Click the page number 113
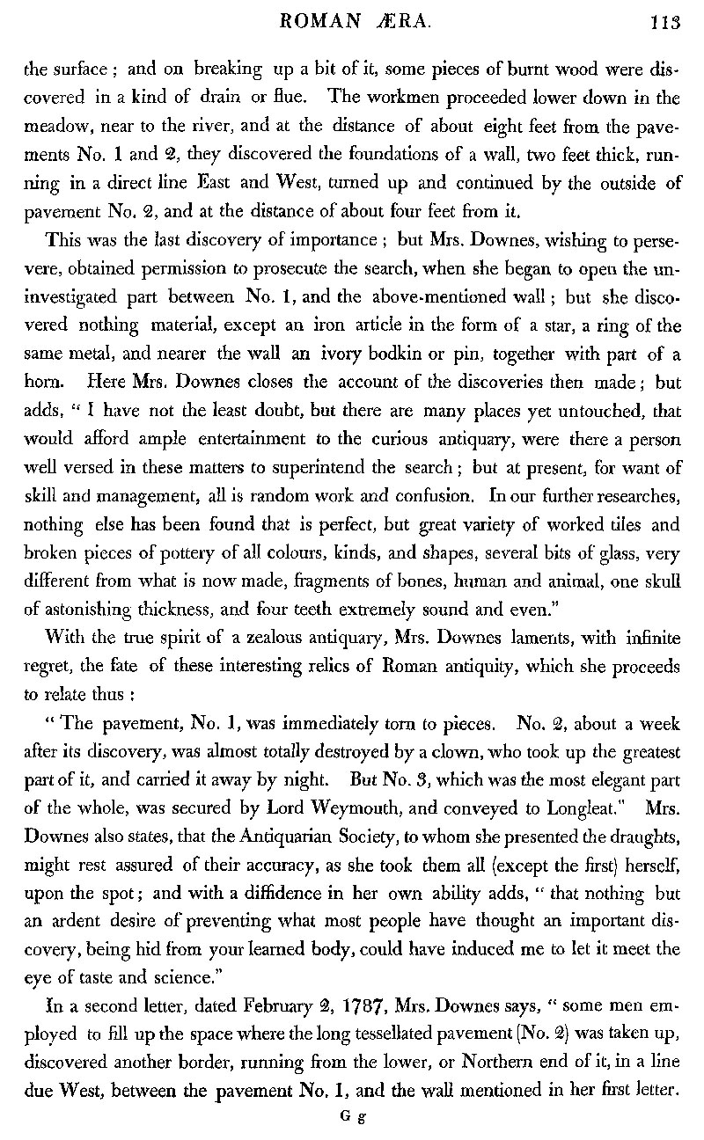(x=666, y=25)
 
